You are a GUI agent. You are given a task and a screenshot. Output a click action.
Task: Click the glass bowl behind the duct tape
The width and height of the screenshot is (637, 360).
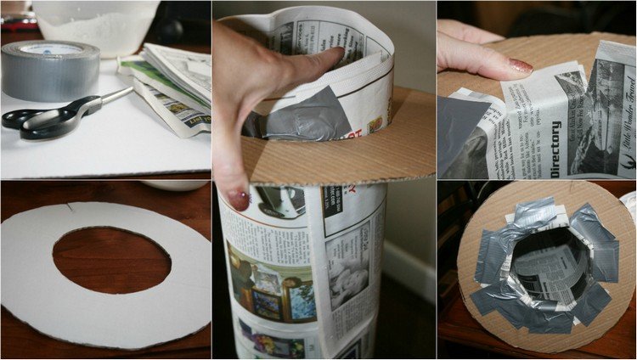98,25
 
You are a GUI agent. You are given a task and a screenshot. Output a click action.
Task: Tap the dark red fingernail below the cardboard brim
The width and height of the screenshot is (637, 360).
239,200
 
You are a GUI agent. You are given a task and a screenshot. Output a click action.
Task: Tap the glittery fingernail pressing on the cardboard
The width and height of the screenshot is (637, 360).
520,65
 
